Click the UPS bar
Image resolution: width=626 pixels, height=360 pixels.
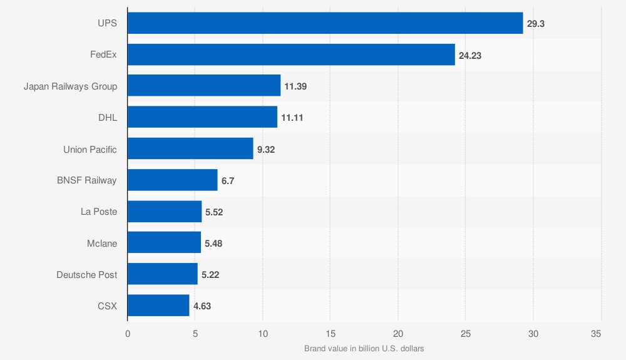tap(325, 23)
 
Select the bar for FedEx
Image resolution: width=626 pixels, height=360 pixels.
tap(291, 55)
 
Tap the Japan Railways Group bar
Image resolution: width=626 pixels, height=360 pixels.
tap(204, 86)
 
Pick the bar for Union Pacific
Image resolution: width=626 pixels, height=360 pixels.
tap(190, 149)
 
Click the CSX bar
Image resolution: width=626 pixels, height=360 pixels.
tap(158, 306)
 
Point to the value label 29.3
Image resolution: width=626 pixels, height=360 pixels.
tap(535, 24)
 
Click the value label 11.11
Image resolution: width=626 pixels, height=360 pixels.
tap(293, 118)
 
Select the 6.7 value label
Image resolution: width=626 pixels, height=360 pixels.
tap(228, 181)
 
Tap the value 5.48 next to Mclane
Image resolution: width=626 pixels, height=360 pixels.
tap(213, 244)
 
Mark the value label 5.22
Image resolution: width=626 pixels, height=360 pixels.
tap(210, 275)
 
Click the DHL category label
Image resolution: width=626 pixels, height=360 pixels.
tap(107, 118)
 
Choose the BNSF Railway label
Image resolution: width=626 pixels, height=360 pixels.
tap(86, 181)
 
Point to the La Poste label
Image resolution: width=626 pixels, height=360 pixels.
tap(99, 212)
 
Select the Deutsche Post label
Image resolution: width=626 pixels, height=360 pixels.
tap(86, 275)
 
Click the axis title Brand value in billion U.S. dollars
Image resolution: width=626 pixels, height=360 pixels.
tap(364, 349)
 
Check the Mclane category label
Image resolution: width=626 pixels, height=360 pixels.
tap(102, 244)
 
